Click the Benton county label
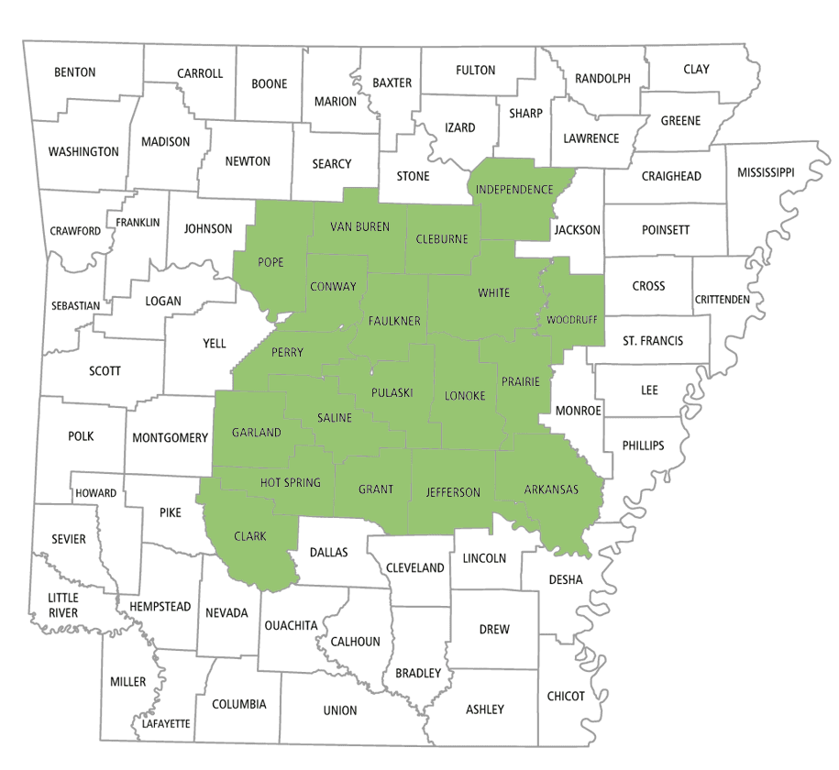tap(75, 71)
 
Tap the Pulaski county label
tap(392, 392)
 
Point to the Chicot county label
tap(566, 696)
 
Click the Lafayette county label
tap(166, 723)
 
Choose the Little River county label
tap(63, 605)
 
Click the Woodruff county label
tap(571, 321)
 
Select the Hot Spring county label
tap(291, 482)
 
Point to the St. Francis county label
tap(653, 341)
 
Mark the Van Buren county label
tap(359, 226)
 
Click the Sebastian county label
tap(74, 305)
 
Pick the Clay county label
tap(696, 69)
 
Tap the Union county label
tap(340, 710)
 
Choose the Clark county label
tap(249, 536)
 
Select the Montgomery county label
tap(171, 437)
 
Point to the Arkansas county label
tap(551, 489)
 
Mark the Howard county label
tap(95, 493)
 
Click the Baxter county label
tap(392, 82)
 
